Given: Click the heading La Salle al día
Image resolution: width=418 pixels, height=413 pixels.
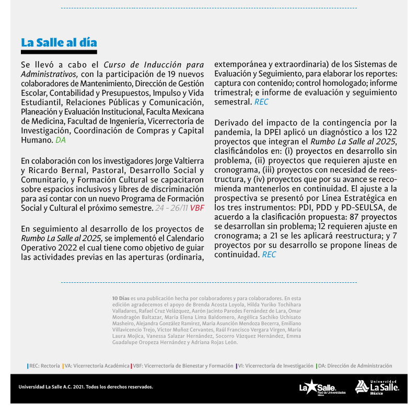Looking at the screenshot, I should [x=59, y=42].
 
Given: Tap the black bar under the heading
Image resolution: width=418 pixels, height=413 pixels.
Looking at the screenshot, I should [x=59, y=52].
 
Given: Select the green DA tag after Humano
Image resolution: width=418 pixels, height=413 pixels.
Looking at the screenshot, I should [x=60, y=140].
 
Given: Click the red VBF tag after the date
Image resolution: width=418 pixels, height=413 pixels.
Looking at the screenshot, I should [x=197, y=208].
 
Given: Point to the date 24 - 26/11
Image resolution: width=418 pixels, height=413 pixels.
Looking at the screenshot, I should [x=171, y=208].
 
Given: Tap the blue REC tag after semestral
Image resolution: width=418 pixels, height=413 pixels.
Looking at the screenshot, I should [x=261, y=102].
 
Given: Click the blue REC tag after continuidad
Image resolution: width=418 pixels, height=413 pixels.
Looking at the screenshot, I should [x=269, y=255].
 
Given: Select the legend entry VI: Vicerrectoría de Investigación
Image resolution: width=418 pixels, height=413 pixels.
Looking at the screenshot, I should [x=275, y=366].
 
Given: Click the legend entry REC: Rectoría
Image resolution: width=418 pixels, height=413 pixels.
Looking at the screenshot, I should [x=44, y=366].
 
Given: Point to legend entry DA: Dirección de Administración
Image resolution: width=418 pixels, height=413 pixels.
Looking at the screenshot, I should [x=354, y=366].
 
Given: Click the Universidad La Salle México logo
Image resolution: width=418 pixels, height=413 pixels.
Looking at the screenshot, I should [x=377, y=387].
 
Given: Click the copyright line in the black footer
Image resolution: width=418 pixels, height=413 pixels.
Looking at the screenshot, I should [x=86, y=387].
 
